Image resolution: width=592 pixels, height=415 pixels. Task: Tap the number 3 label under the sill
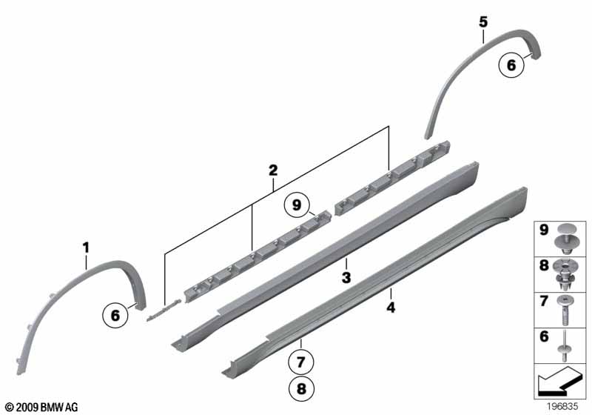pyautogui.click(x=346, y=277)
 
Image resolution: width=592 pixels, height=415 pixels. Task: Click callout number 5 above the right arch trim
pyautogui.click(x=483, y=22)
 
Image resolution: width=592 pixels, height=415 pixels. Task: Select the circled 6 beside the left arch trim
pyautogui.click(x=115, y=315)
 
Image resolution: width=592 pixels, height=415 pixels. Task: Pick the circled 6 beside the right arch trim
pyautogui.click(x=509, y=65)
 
